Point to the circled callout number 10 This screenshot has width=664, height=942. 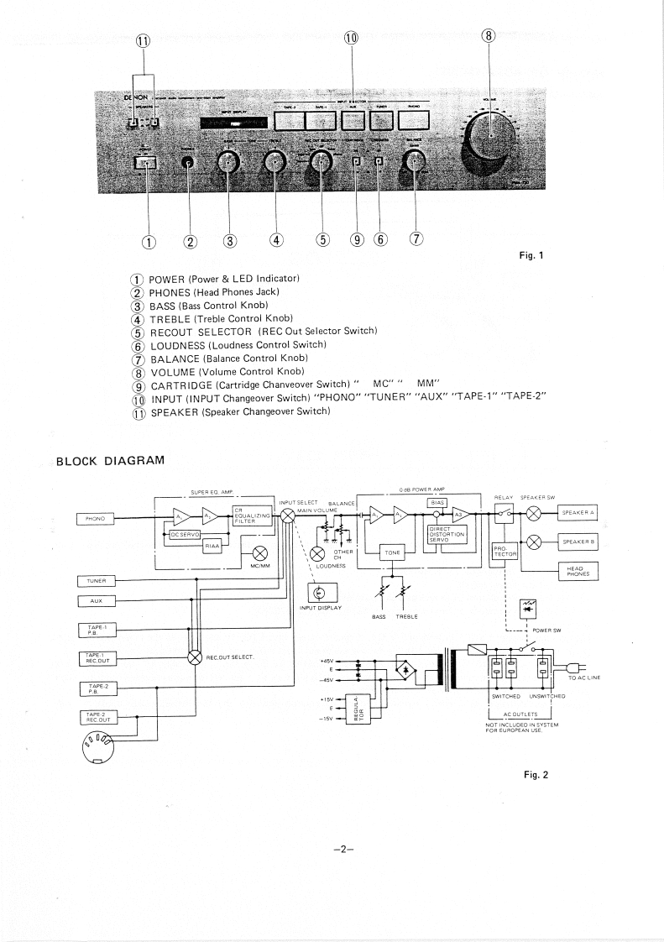point(351,37)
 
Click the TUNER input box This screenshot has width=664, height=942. point(94,580)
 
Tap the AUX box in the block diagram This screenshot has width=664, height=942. point(94,600)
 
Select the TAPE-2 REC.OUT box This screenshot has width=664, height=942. point(94,717)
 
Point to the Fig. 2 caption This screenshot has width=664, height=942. point(534,775)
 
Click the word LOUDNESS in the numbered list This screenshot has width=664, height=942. point(180,345)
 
